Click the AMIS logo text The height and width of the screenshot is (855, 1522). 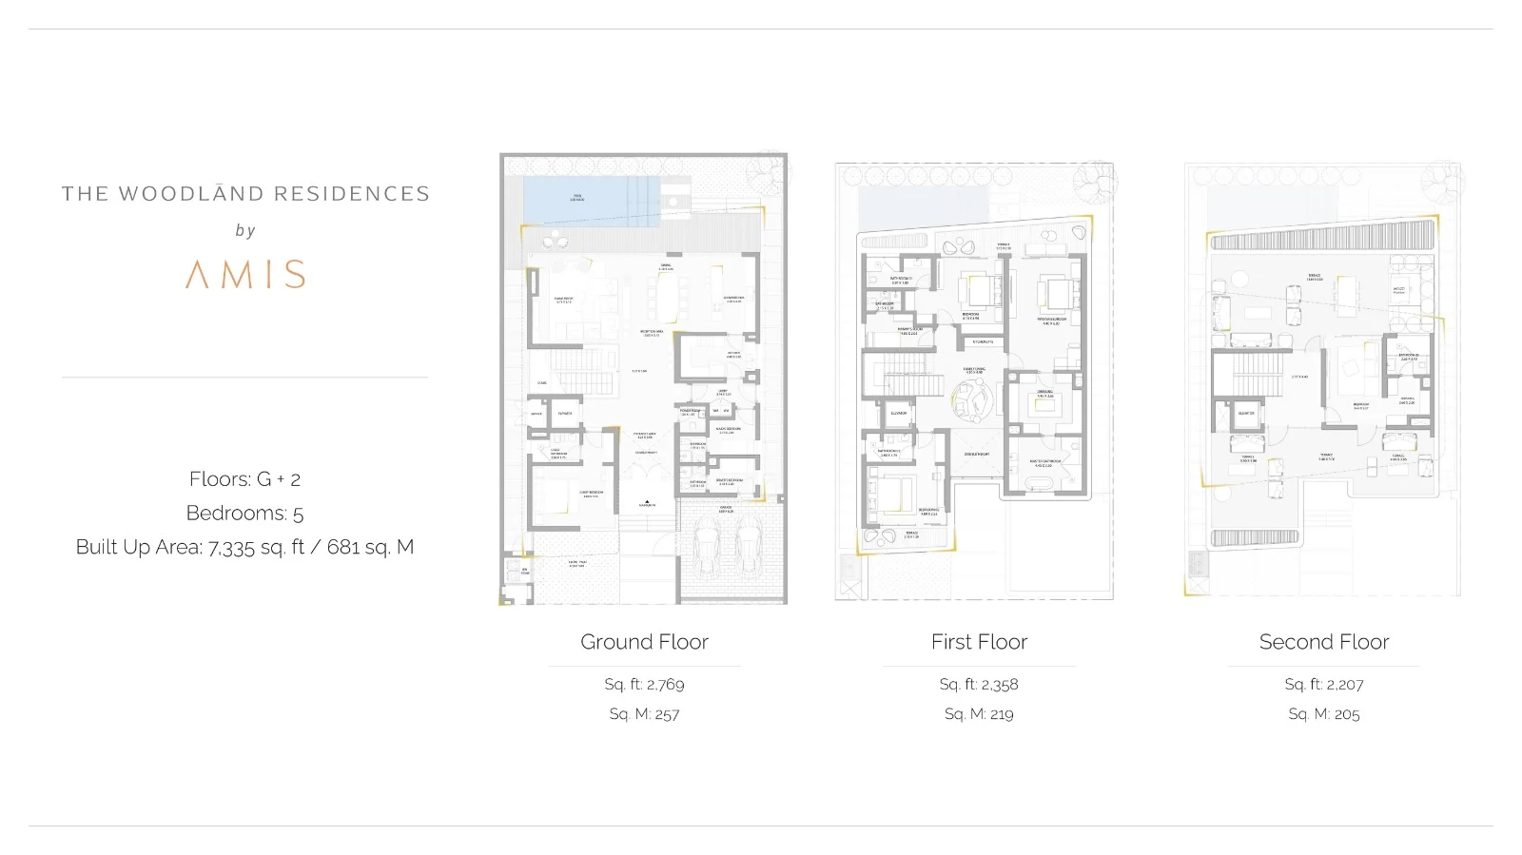[x=245, y=274]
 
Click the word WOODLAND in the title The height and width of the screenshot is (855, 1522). [x=189, y=194]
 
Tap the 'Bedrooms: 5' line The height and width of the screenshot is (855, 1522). [x=244, y=513]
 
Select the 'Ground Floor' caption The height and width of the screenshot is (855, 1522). [x=644, y=642]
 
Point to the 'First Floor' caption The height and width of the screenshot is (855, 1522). [x=979, y=642]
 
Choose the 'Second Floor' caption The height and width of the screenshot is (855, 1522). [x=1323, y=642]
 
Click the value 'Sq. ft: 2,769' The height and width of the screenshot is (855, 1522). [x=644, y=684]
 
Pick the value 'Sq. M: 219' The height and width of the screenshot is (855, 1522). [x=979, y=713]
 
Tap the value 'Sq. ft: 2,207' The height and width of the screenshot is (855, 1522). [x=1323, y=684]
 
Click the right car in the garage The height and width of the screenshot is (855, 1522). [x=747, y=552]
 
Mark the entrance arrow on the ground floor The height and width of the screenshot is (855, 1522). [x=647, y=500]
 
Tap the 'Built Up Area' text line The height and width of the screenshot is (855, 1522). [x=244, y=547]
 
